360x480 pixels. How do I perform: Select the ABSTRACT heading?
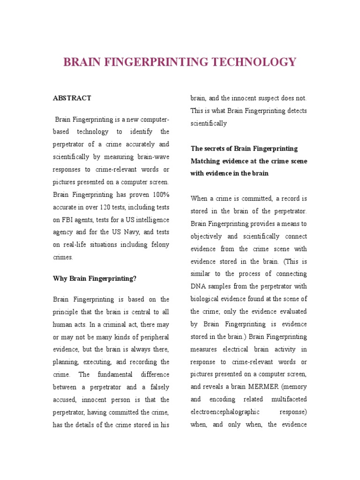(72, 98)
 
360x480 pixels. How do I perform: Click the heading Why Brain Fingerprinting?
(95, 278)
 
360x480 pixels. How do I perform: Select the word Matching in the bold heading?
(206, 161)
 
